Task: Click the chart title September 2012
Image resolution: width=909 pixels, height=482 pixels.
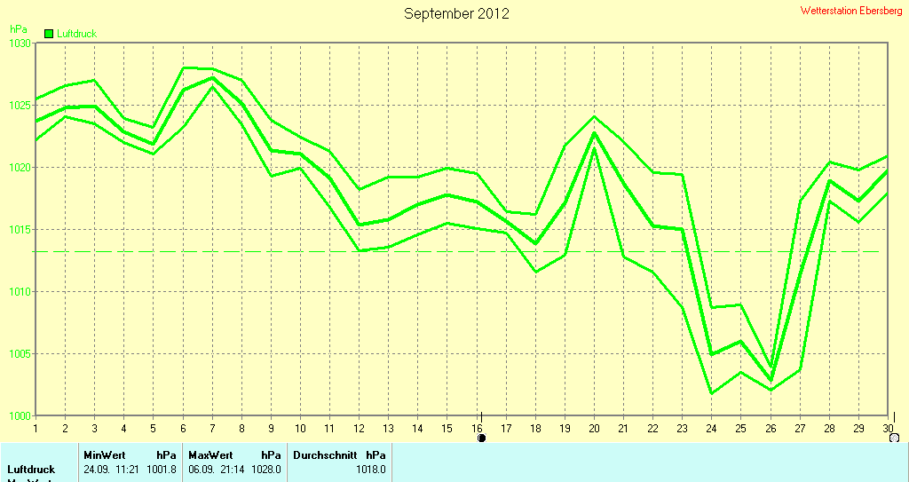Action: point(456,13)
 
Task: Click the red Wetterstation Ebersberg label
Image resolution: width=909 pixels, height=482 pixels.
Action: point(850,11)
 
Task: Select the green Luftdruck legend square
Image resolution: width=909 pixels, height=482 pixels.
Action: point(49,34)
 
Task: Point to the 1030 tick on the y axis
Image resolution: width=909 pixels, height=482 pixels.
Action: point(20,43)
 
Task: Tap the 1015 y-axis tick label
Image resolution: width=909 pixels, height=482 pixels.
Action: point(20,230)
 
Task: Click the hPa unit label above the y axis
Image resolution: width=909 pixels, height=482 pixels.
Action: point(18,29)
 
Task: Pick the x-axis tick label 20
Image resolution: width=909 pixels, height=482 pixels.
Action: point(594,428)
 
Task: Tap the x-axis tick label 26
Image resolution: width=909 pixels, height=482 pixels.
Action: point(770,428)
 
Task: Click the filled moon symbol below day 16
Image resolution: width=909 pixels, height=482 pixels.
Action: point(481,438)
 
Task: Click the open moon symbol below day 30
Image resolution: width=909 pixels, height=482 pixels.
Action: point(893,438)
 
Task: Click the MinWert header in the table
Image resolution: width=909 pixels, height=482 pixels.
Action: point(105,455)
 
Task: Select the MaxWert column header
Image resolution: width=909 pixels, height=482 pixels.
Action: point(210,455)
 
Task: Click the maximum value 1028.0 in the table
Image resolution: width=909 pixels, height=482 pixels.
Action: point(265,470)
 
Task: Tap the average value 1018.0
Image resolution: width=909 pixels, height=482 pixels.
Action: point(370,470)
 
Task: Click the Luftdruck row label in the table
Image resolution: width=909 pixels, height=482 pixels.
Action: point(31,470)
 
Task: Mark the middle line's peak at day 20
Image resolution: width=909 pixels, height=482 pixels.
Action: point(594,133)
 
